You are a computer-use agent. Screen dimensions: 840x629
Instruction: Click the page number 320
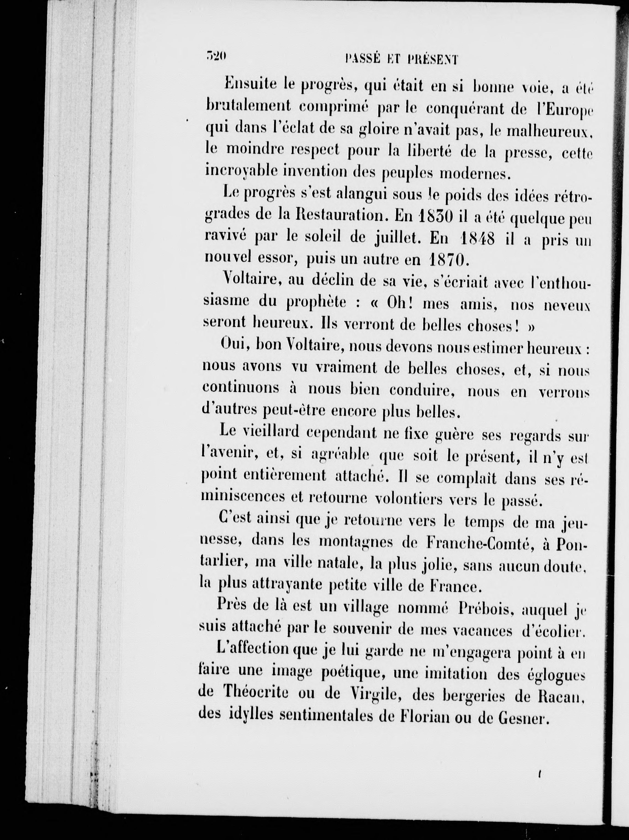(215, 56)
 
